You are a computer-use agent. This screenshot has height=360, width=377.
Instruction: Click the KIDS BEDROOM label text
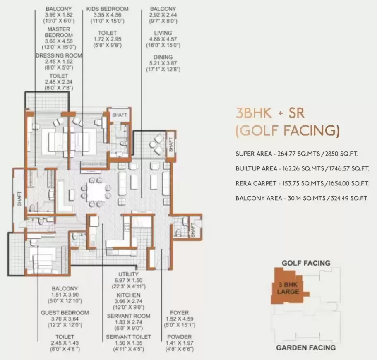click(x=107, y=9)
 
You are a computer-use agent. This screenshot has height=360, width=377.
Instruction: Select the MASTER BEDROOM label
click(x=59, y=32)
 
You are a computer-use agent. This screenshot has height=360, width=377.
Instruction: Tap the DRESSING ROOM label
click(x=59, y=55)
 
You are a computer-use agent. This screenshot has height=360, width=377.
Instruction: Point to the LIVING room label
click(x=163, y=33)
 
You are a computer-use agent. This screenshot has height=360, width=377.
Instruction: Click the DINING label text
click(x=163, y=57)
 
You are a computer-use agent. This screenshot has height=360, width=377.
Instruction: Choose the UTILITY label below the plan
click(x=128, y=274)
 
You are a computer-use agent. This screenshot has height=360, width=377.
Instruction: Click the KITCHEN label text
click(x=128, y=295)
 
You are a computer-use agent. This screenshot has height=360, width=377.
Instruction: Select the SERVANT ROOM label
click(x=128, y=316)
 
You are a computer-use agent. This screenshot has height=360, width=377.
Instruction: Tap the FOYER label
click(x=179, y=313)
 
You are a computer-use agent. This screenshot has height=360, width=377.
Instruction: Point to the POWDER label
click(x=179, y=337)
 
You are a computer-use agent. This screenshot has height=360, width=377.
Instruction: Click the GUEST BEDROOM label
click(x=65, y=313)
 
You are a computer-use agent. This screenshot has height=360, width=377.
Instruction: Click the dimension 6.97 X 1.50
click(x=128, y=280)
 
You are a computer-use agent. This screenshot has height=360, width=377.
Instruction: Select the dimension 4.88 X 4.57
click(x=163, y=39)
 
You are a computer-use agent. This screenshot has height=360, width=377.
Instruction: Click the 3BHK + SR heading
click(x=270, y=113)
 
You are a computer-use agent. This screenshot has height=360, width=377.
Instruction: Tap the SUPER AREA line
click(x=296, y=154)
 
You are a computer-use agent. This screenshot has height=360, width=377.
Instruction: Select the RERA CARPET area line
click(x=302, y=183)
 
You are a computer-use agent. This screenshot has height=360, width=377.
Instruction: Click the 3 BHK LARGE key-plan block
click(x=288, y=288)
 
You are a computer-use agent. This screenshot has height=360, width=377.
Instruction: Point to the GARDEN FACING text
click(x=306, y=348)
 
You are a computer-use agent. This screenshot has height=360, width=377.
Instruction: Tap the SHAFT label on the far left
click(x=19, y=199)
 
